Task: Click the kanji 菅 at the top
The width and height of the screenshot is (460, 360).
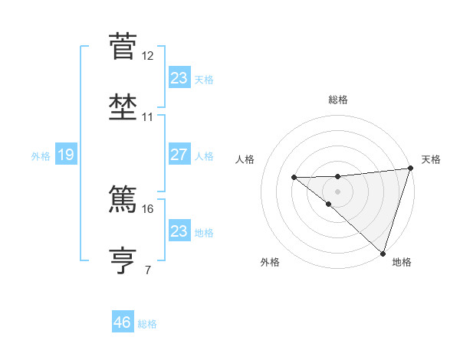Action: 123,46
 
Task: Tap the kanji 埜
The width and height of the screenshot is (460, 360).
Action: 123,107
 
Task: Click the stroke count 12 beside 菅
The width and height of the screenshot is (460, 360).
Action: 148,56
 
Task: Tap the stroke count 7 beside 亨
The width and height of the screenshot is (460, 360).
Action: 148,270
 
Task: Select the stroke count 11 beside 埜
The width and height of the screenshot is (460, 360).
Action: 148,117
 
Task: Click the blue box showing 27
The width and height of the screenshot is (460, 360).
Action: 179,155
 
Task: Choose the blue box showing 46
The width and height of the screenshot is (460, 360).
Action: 123,322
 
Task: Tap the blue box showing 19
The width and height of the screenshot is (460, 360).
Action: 65,155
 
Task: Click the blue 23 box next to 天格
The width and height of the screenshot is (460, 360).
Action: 179,78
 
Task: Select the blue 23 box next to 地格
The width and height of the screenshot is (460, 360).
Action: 179,231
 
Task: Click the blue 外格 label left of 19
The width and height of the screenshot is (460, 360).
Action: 41,156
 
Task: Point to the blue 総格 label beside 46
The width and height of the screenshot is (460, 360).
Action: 147,324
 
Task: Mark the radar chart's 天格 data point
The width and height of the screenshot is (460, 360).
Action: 410,169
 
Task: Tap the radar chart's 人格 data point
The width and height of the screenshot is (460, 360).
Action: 294,178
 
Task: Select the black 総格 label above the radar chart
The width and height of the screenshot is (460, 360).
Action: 338,100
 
